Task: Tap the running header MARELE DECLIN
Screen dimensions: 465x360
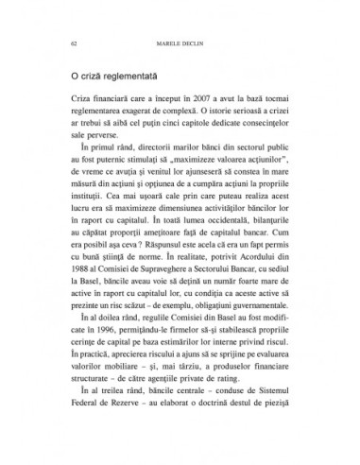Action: pos(180,42)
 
